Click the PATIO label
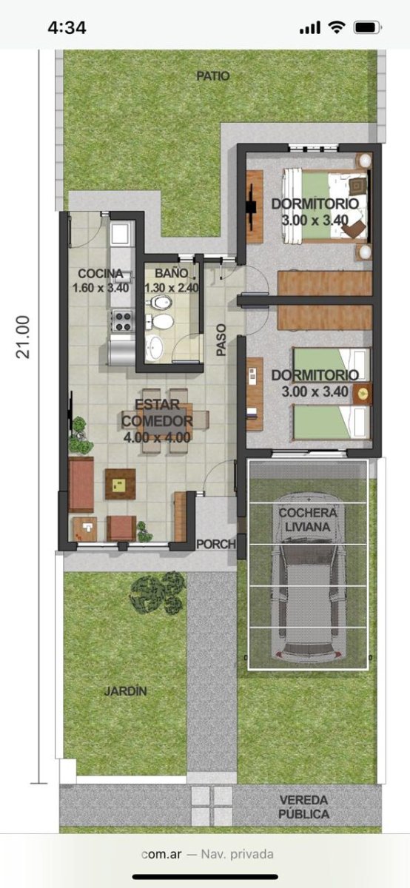213,76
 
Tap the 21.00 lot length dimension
23,337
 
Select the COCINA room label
101,274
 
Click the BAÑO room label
171,273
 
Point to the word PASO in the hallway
221,340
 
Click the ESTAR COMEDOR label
158,413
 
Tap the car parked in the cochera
308,576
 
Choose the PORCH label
216,544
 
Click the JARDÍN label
125,691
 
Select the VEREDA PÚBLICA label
303,807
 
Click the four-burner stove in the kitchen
123,321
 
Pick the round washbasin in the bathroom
154,348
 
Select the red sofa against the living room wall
81,485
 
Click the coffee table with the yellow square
120,484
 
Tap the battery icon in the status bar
368,27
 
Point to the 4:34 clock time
67,28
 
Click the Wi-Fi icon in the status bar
336,27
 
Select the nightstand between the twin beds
363,394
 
